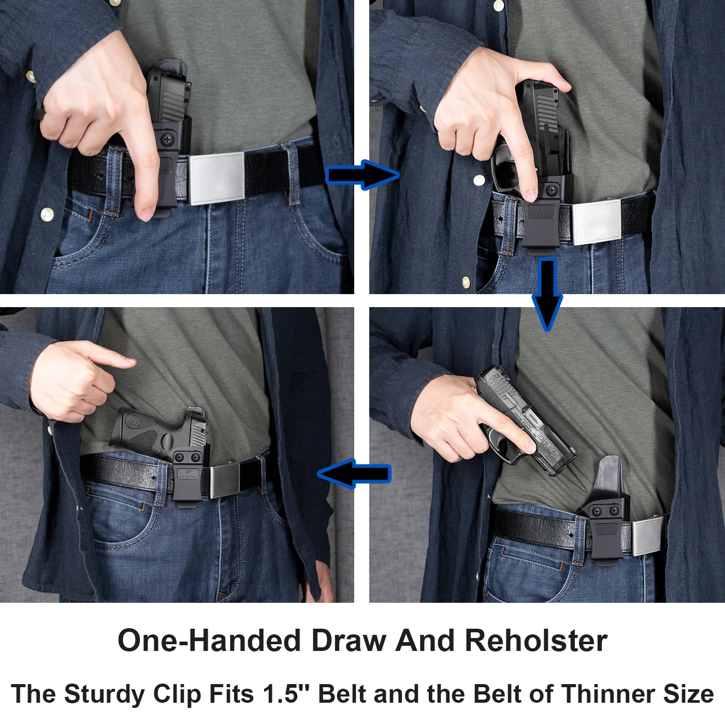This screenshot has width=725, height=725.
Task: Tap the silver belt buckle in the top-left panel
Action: pyautogui.click(x=216, y=178)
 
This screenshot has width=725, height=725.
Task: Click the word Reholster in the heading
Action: pyautogui.click(x=536, y=641)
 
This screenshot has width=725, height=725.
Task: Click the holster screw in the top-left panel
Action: pyautogui.click(x=167, y=139)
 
